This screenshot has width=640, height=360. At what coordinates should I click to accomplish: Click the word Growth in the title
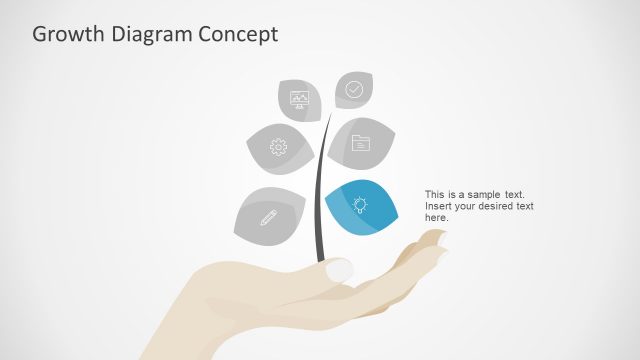pos(64,35)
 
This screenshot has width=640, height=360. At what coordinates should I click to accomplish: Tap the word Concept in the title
pos(238,35)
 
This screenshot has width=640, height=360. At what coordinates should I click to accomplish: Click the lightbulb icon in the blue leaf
pos(361,205)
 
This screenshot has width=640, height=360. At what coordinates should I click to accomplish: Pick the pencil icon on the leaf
pos(268,216)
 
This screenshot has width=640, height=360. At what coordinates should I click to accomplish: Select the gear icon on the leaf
pos(278,148)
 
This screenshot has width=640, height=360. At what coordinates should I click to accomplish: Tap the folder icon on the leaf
pos(361,143)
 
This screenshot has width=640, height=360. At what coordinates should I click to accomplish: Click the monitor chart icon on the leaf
pos(299,98)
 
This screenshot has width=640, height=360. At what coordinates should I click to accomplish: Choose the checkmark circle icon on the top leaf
pos(354,89)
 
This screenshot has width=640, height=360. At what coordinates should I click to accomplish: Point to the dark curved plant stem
pos(319,200)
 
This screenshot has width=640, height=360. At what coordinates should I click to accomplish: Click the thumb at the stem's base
pos(338,269)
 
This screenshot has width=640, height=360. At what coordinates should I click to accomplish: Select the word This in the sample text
pos(435,194)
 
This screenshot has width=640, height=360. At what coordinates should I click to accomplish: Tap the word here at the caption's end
pos(436,218)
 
